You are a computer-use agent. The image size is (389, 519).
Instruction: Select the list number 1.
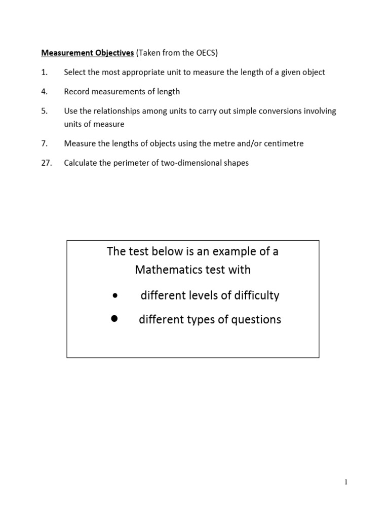(x=44, y=72)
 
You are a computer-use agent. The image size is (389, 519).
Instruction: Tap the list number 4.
(x=44, y=92)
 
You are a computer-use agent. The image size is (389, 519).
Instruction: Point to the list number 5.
(x=44, y=111)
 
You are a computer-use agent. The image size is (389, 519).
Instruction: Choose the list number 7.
(x=44, y=143)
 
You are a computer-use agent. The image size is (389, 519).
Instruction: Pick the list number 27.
(x=46, y=163)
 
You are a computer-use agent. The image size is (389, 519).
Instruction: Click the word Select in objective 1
(x=75, y=72)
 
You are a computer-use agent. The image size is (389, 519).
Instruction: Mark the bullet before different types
(x=114, y=318)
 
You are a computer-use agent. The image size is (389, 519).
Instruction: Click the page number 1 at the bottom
(x=345, y=483)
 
